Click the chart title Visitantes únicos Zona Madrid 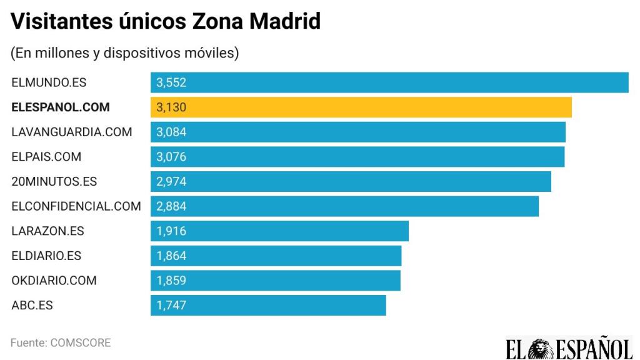coord(166,22)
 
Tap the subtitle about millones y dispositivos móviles coord(124,53)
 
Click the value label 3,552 coord(171,82)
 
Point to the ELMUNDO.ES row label coord(47,82)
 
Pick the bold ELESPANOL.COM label coord(61,107)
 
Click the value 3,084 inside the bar coord(171,132)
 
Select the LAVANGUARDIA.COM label coord(72,132)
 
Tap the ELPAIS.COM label coord(46,157)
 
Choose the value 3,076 coord(171,157)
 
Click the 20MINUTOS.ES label coord(54,181)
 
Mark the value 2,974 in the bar coord(171,181)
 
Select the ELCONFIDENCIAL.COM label coord(76,206)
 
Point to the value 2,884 coord(171,206)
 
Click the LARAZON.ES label coord(47,231)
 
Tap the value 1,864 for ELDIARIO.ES coord(171,256)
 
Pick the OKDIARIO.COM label coord(54,281)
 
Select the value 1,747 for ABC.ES coord(171,306)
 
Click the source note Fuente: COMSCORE coord(61,342)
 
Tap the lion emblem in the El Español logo coord(539,347)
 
